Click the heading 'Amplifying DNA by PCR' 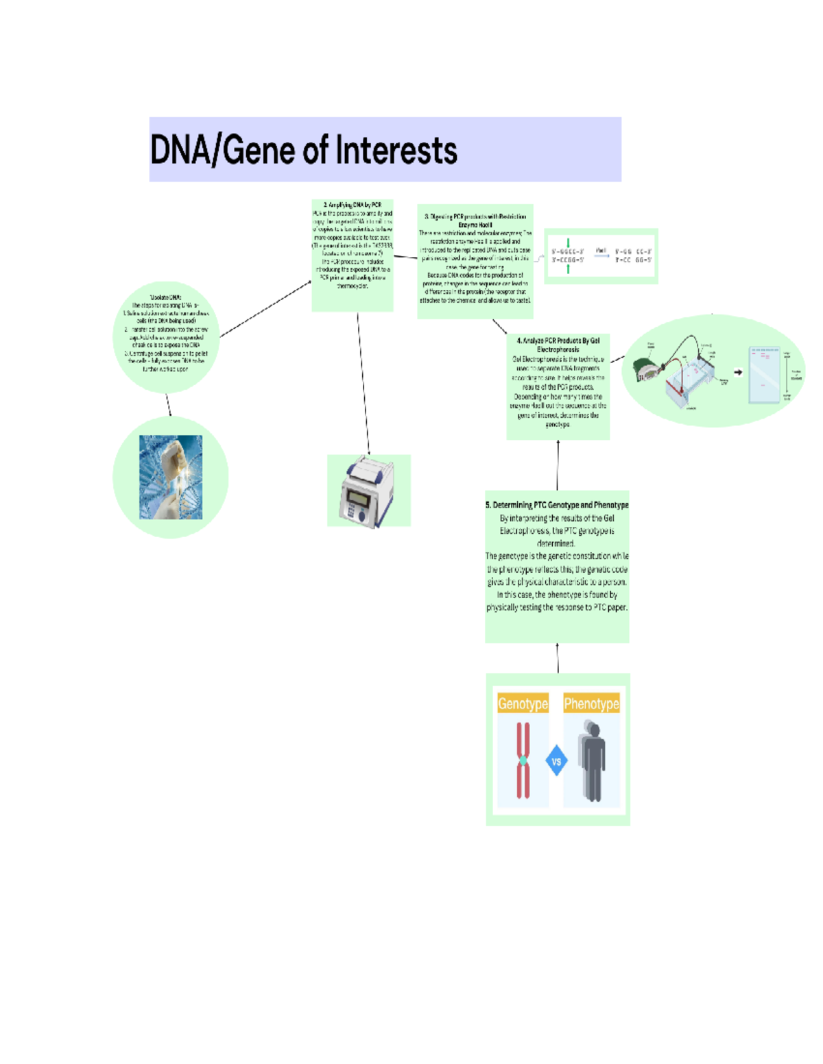click(x=353, y=205)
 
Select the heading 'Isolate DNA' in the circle click(x=166, y=297)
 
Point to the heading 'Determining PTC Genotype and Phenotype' click(x=557, y=505)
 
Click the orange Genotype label click(x=523, y=704)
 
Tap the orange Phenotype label click(x=591, y=704)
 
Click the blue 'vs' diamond click(x=556, y=761)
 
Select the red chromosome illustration click(x=523, y=760)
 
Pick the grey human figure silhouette click(x=592, y=760)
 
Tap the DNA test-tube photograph click(x=171, y=477)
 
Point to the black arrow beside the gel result click(x=738, y=373)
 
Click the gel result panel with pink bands click(x=764, y=375)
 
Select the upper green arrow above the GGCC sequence click(x=568, y=243)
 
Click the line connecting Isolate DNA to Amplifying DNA click(x=265, y=309)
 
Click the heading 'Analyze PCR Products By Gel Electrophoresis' click(x=558, y=345)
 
